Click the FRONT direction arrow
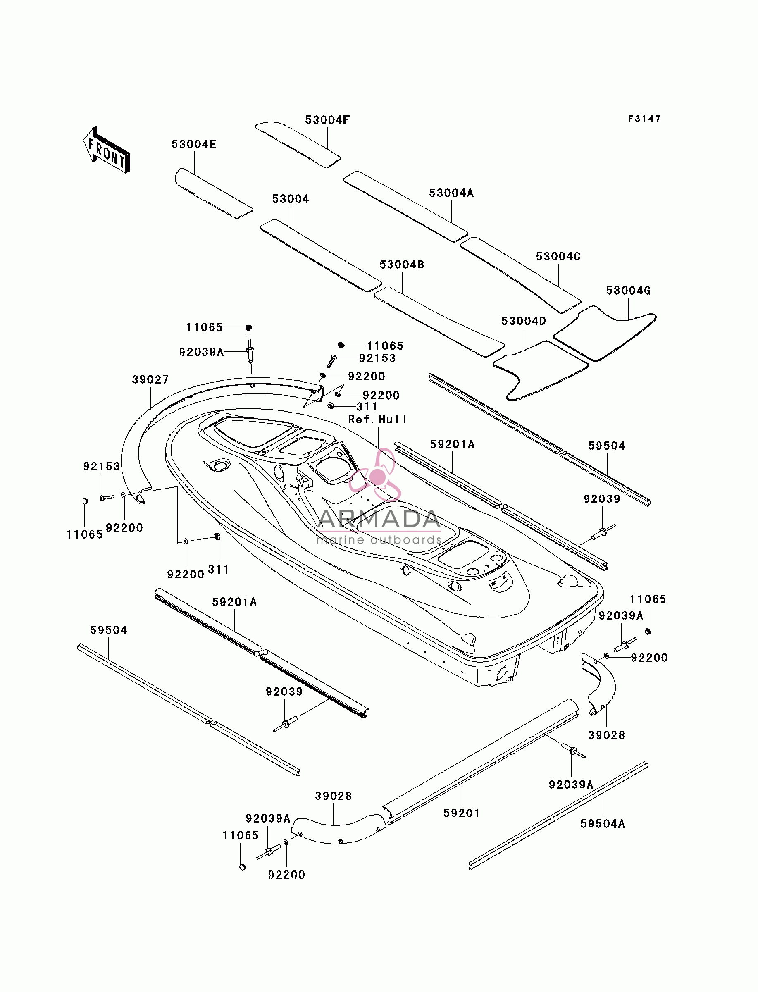point(107,150)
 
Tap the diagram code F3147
point(644,119)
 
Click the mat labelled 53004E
point(213,193)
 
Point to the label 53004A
point(451,193)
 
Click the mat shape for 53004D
point(541,370)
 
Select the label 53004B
point(402,265)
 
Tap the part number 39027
point(150,379)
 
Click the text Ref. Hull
point(377,420)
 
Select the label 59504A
point(603,824)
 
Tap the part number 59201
point(462,813)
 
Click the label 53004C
point(558,256)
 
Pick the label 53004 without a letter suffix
point(291,199)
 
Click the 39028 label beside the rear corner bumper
point(606,735)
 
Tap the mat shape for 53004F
point(298,144)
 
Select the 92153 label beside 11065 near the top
point(377,358)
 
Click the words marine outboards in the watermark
point(379,540)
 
